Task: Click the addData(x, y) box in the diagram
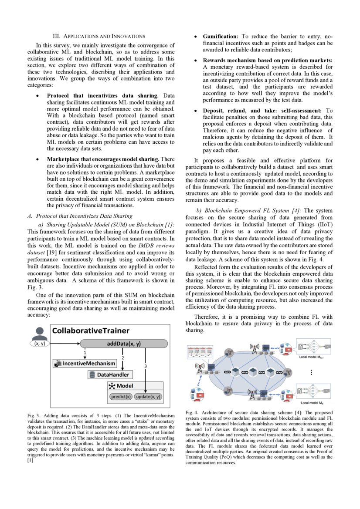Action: [x=124, y=344]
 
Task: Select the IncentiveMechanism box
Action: [x=85, y=363]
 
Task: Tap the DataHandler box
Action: [x=111, y=374]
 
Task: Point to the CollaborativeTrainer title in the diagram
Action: [x=91, y=330]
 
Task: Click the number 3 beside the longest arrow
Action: [x=146, y=367]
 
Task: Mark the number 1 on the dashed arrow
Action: [x=85, y=352]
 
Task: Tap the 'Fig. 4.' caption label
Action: [x=192, y=412]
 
